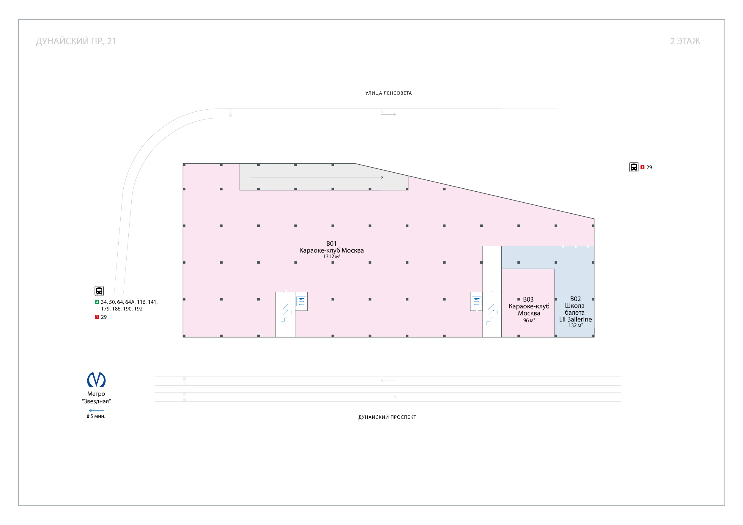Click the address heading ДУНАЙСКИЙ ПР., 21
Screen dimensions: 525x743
[76, 41]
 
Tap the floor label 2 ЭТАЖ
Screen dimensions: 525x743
[685, 41]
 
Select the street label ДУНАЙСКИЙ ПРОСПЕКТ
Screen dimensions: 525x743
[387, 417]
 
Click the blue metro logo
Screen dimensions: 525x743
[96, 380]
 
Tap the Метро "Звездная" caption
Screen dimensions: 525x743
[96, 398]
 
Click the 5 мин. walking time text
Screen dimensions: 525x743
[98, 416]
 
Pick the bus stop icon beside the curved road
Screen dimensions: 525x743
[99, 291]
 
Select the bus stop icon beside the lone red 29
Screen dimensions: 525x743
[634, 167]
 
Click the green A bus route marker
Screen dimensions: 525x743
[97, 302]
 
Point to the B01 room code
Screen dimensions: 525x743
[331, 244]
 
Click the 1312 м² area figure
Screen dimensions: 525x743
[331, 256]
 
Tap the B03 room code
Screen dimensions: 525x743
[528, 299]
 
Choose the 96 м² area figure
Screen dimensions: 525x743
[529, 321]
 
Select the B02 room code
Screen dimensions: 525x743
[575, 299]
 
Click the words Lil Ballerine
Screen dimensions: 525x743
[575, 319]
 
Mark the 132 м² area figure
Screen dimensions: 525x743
[575, 326]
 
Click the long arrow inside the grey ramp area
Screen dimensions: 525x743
[317, 177]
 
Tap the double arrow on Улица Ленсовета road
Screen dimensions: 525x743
[388, 113]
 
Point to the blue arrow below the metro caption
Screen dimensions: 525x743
[96, 411]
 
